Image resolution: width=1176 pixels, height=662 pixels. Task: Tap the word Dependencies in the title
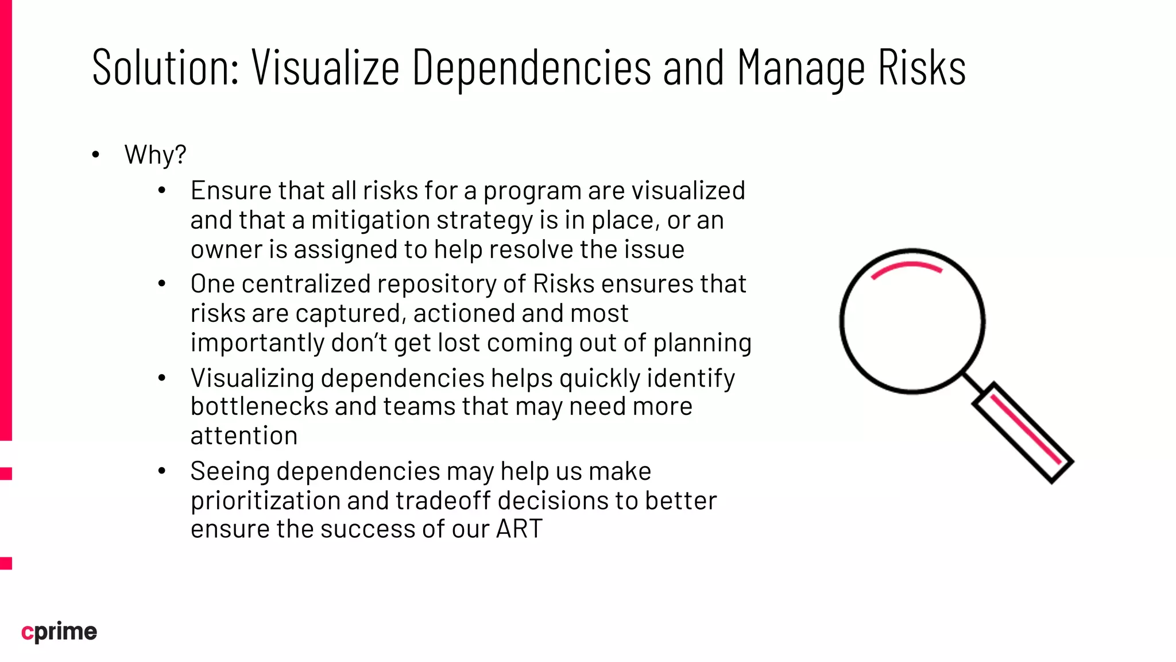pyautogui.click(x=532, y=68)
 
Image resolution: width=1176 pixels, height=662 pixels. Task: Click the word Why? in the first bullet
pyautogui.click(x=155, y=155)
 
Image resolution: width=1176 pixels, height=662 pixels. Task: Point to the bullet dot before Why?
pyautogui.click(x=96, y=155)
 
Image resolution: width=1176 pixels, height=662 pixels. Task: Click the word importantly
pyautogui.click(x=258, y=343)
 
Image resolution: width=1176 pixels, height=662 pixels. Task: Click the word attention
pyautogui.click(x=244, y=436)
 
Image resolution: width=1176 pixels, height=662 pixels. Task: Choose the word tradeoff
pyautogui.click(x=433, y=501)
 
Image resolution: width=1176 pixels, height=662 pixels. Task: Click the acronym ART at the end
pyautogui.click(x=519, y=529)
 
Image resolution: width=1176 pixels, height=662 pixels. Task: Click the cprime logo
pyautogui.click(x=59, y=632)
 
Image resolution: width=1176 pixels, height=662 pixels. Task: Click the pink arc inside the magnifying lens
pyautogui.click(x=907, y=268)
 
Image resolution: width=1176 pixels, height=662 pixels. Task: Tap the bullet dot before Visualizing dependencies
pyautogui.click(x=162, y=378)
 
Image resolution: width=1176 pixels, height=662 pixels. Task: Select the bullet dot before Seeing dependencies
pyautogui.click(x=162, y=471)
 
